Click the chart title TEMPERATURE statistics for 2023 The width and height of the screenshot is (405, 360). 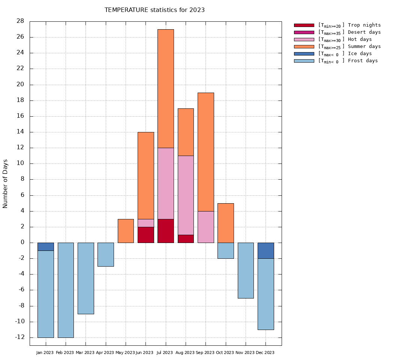pyautogui.click(x=154, y=10)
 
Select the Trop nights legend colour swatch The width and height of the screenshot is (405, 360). pyautogui.click(x=304, y=25)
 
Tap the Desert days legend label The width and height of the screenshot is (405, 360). pyautogui.click(x=364, y=32)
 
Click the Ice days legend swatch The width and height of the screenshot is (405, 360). pyautogui.click(x=304, y=54)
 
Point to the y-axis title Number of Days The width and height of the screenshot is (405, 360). pyautogui.click(x=6, y=184)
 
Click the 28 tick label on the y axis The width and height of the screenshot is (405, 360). pyautogui.click(x=20, y=21)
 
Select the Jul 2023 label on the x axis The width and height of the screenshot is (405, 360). pyautogui.click(x=165, y=352)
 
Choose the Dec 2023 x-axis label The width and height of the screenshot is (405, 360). pyautogui.click(x=265, y=352)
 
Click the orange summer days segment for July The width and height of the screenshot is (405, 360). pyautogui.click(x=165, y=88)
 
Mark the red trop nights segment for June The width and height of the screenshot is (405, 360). pyautogui.click(x=145, y=235)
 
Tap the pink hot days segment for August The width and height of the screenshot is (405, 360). pyautogui.click(x=186, y=195)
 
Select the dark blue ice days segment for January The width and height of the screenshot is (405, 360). pyautogui.click(x=45, y=247)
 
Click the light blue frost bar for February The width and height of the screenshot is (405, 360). pyautogui.click(x=66, y=290)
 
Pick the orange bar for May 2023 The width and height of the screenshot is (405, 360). pyautogui.click(x=126, y=231)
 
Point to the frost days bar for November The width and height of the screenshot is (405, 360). pyautogui.click(x=246, y=270)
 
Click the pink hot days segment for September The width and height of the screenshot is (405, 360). pyautogui.click(x=205, y=227)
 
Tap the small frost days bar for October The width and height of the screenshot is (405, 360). pyautogui.click(x=226, y=250)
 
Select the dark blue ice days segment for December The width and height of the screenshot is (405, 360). pyautogui.click(x=265, y=250)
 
